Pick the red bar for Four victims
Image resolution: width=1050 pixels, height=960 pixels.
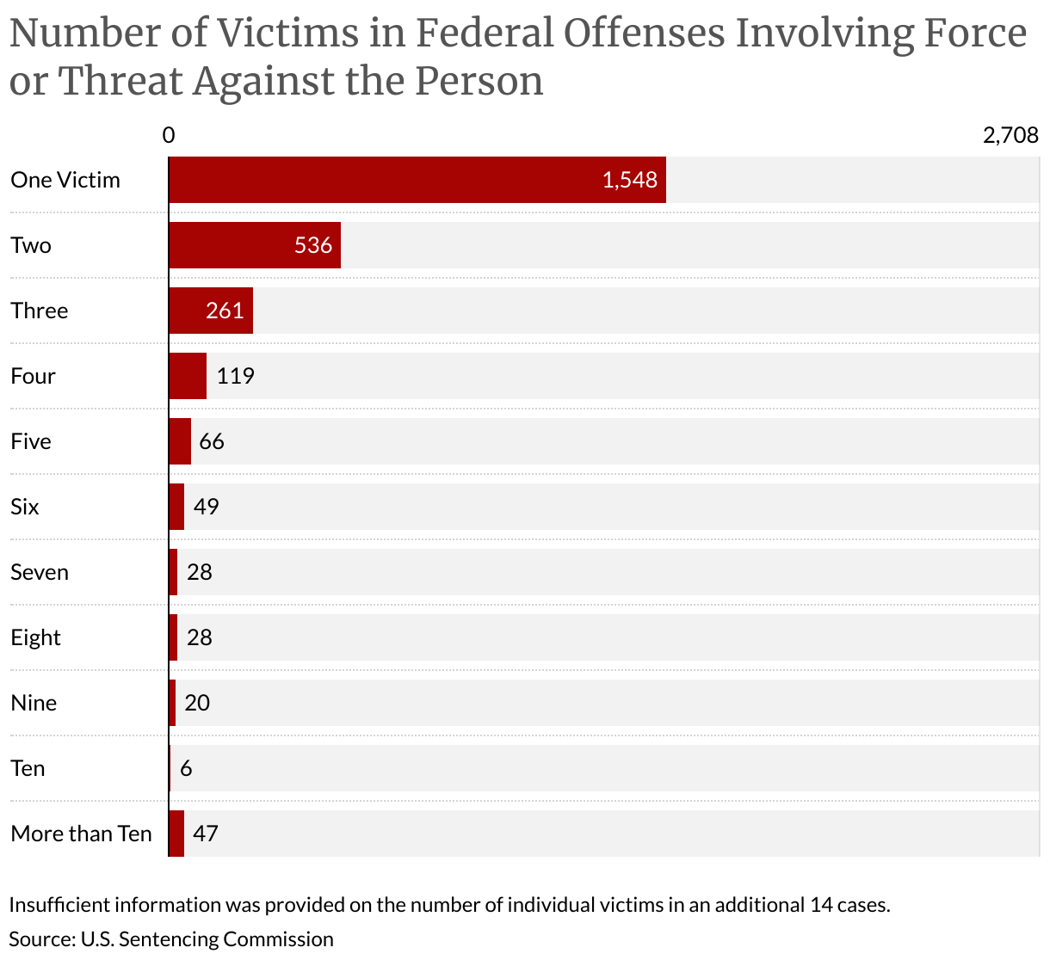pos(188,376)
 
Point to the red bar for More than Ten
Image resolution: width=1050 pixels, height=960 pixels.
pos(176,834)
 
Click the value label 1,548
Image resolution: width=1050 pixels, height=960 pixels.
pos(630,180)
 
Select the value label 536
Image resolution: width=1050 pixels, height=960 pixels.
pos(313,245)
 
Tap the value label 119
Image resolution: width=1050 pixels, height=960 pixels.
pos(235,376)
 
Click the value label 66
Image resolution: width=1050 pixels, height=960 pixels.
pos(212,441)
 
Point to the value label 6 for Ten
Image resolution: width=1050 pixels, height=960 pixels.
pos(186,768)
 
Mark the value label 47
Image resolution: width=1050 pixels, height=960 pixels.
pos(206,834)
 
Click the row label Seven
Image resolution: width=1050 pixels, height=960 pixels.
pos(40,572)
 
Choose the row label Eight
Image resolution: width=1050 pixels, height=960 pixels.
pos(35,637)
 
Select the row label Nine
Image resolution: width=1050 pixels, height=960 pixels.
pos(34,703)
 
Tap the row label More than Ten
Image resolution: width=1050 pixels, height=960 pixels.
pos(81,834)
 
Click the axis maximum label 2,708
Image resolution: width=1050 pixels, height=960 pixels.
pos(1010,135)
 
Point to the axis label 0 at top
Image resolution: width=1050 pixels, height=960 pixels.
pos(169,135)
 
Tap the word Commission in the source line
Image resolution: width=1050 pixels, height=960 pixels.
pos(278,938)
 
